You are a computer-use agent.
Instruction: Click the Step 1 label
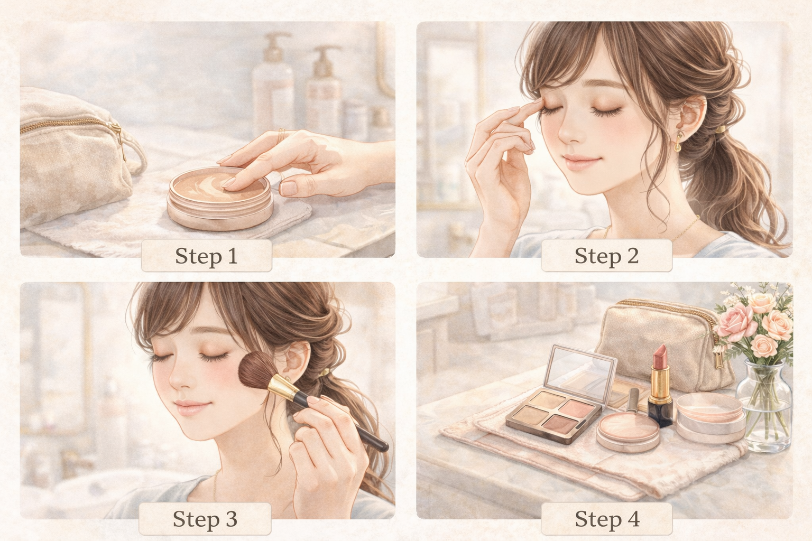click(x=206, y=256)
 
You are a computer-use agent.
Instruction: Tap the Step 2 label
click(x=606, y=256)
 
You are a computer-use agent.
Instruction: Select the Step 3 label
click(x=205, y=518)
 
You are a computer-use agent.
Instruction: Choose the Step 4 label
click(x=607, y=518)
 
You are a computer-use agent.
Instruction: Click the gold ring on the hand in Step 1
click(x=281, y=136)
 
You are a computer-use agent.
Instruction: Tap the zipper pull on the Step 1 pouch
click(x=119, y=139)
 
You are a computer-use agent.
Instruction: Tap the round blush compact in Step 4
click(x=628, y=431)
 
